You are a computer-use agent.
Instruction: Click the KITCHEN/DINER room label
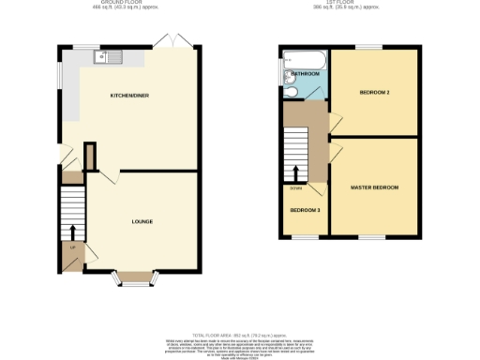(x=128, y=96)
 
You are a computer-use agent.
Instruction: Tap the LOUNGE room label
(x=142, y=221)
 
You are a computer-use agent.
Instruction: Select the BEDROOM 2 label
(x=374, y=92)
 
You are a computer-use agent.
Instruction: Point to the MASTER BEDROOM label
(x=374, y=187)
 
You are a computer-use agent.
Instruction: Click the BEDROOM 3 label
(x=304, y=210)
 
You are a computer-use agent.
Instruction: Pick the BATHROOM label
(x=305, y=73)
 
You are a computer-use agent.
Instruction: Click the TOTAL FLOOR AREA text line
(x=239, y=335)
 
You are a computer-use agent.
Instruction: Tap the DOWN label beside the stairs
(x=295, y=187)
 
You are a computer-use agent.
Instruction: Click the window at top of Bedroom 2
(x=368, y=47)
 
